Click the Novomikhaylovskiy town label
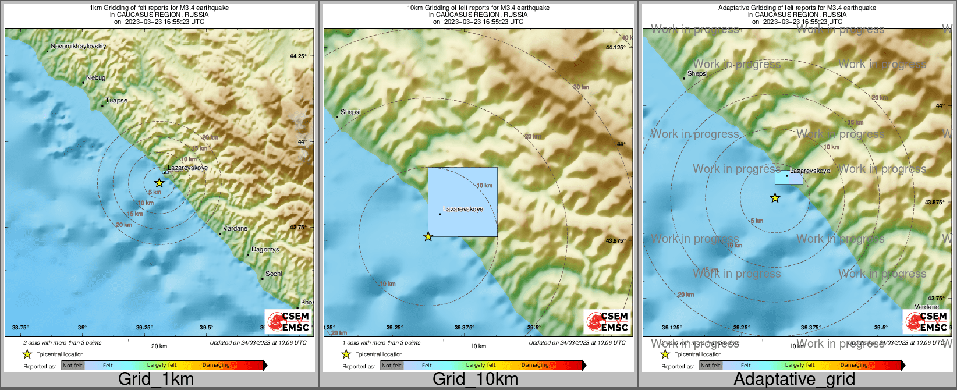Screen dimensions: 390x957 (x=78, y=46)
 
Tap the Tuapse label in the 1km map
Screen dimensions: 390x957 (x=116, y=100)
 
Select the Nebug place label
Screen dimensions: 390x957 (x=96, y=77)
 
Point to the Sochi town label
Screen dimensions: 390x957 (x=274, y=274)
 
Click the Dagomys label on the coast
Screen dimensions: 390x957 (x=265, y=249)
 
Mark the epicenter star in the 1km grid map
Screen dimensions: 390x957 (x=159, y=183)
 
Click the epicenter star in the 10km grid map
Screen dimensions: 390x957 (x=428, y=237)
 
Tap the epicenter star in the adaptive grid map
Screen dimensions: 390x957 (x=775, y=198)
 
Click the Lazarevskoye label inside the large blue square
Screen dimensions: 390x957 (x=463, y=209)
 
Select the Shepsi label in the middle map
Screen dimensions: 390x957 (x=350, y=112)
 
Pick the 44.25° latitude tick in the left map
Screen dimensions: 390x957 (x=297, y=56)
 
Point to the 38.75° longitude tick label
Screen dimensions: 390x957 (x=20, y=328)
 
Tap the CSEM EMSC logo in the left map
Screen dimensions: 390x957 (x=288, y=321)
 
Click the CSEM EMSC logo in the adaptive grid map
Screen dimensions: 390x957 (x=926, y=321)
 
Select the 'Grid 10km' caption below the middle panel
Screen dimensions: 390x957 (x=475, y=379)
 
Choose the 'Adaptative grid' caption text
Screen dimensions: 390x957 (x=794, y=379)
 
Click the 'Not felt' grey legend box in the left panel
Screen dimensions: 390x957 (x=73, y=366)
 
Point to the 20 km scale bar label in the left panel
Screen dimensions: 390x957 (x=159, y=346)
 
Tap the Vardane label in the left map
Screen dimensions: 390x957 (x=235, y=228)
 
